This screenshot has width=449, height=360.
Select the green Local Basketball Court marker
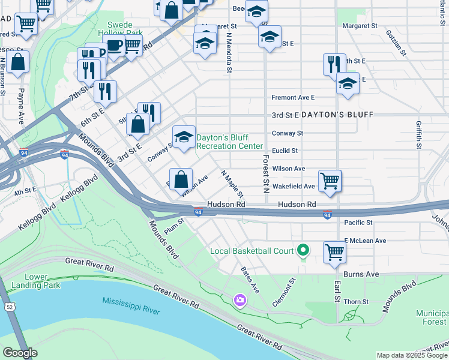pyautogui.click(x=303, y=250)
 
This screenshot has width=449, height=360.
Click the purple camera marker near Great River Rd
pyautogui.click(x=240, y=299)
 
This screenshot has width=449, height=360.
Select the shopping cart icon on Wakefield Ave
pyautogui.click(x=330, y=180)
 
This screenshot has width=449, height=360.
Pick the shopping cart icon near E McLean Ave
pyautogui.click(x=334, y=252)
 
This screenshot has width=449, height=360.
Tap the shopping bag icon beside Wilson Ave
pyautogui.click(x=181, y=179)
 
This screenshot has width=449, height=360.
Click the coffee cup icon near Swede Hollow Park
pyautogui.click(x=113, y=45)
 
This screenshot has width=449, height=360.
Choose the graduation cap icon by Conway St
pyautogui.click(x=184, y=136)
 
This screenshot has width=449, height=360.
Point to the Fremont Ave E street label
pyautogui.click(x=293, y=97)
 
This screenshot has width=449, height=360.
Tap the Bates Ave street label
pyautogui.click(x=250, y=280)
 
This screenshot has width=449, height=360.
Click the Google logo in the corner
pyautogui.click(x=20, y=353)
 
